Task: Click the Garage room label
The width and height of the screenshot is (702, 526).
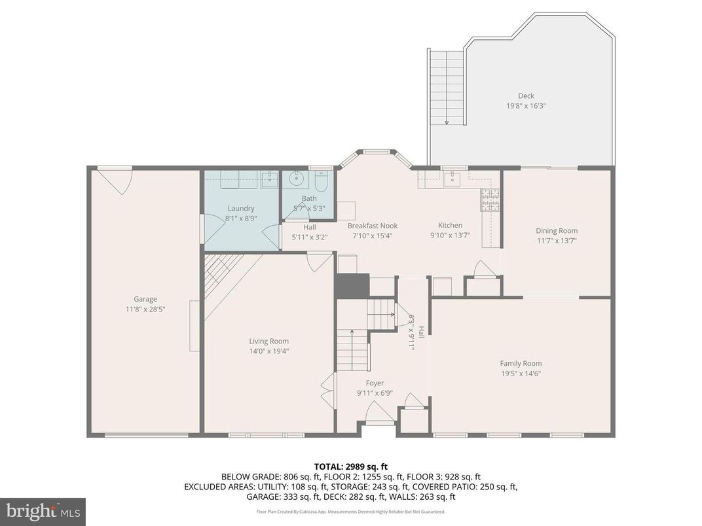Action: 145,300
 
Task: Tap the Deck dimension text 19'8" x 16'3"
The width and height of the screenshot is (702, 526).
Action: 526,105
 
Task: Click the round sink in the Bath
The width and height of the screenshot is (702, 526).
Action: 297,178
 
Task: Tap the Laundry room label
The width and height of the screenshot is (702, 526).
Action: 240,209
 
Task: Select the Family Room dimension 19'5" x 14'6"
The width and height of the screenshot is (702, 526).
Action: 521,374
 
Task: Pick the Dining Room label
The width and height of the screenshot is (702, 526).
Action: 557,230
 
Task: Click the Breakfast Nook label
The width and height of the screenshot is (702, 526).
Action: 372,226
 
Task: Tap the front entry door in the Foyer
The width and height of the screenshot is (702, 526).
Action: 379,413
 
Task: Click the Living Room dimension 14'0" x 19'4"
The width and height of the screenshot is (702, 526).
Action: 268,351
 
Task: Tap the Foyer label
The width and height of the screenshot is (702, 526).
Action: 375,383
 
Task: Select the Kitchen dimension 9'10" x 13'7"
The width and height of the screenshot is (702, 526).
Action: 451,235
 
